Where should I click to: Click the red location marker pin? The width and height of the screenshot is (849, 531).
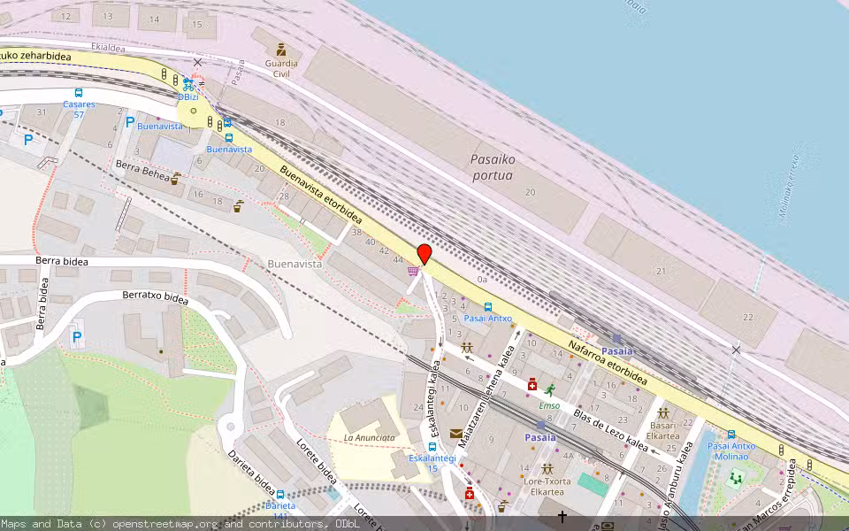tap(424, 253)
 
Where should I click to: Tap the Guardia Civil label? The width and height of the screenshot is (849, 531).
tap(281, 68)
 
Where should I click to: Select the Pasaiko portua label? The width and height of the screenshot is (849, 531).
tap(493, 167)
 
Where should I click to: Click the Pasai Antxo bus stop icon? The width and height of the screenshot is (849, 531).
tap(488, 306)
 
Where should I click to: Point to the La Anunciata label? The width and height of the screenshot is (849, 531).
tap(369, 437)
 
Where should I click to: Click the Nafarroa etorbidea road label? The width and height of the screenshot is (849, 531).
tap(607, 363)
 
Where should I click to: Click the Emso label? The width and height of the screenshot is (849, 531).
tap(549, 405)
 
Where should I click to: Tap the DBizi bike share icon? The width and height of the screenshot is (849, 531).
tap(188, 85)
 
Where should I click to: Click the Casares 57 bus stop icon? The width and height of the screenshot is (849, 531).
tap(79, 93)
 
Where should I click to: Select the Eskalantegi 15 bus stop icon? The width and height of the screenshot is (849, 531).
tap(432, 447)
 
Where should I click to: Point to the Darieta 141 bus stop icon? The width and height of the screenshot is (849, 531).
tap(280, 495)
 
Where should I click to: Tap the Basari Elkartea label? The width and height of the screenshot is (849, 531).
tap(662, 429)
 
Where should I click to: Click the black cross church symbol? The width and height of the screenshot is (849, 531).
tap(562, 515)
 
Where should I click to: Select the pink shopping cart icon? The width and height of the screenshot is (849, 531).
tap(412, 271)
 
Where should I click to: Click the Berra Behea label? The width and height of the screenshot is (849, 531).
tap(142, 170)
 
